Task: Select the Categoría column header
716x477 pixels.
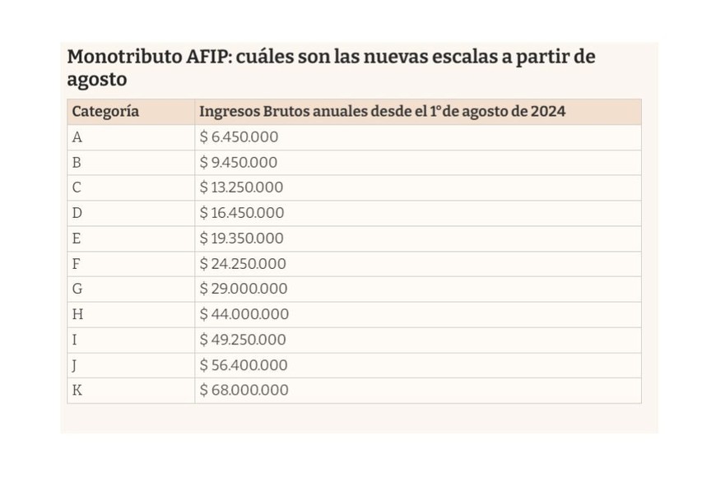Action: coord(105,111)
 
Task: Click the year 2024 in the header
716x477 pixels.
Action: coord(546,111)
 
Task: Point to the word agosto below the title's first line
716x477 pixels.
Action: coord(97,81)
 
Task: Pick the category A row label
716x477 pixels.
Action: coord(77,137)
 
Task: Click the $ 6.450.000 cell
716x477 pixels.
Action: coord(239,137)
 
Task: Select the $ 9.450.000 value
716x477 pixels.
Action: coord(239,163)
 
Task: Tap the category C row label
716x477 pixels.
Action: coord(77,188)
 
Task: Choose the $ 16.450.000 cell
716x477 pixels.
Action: coord(243,213)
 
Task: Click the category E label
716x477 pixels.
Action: coord(77,238)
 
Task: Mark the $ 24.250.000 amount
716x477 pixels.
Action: coord(244,264)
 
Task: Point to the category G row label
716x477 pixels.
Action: coord(77,289)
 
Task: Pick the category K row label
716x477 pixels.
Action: coord(77,391)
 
